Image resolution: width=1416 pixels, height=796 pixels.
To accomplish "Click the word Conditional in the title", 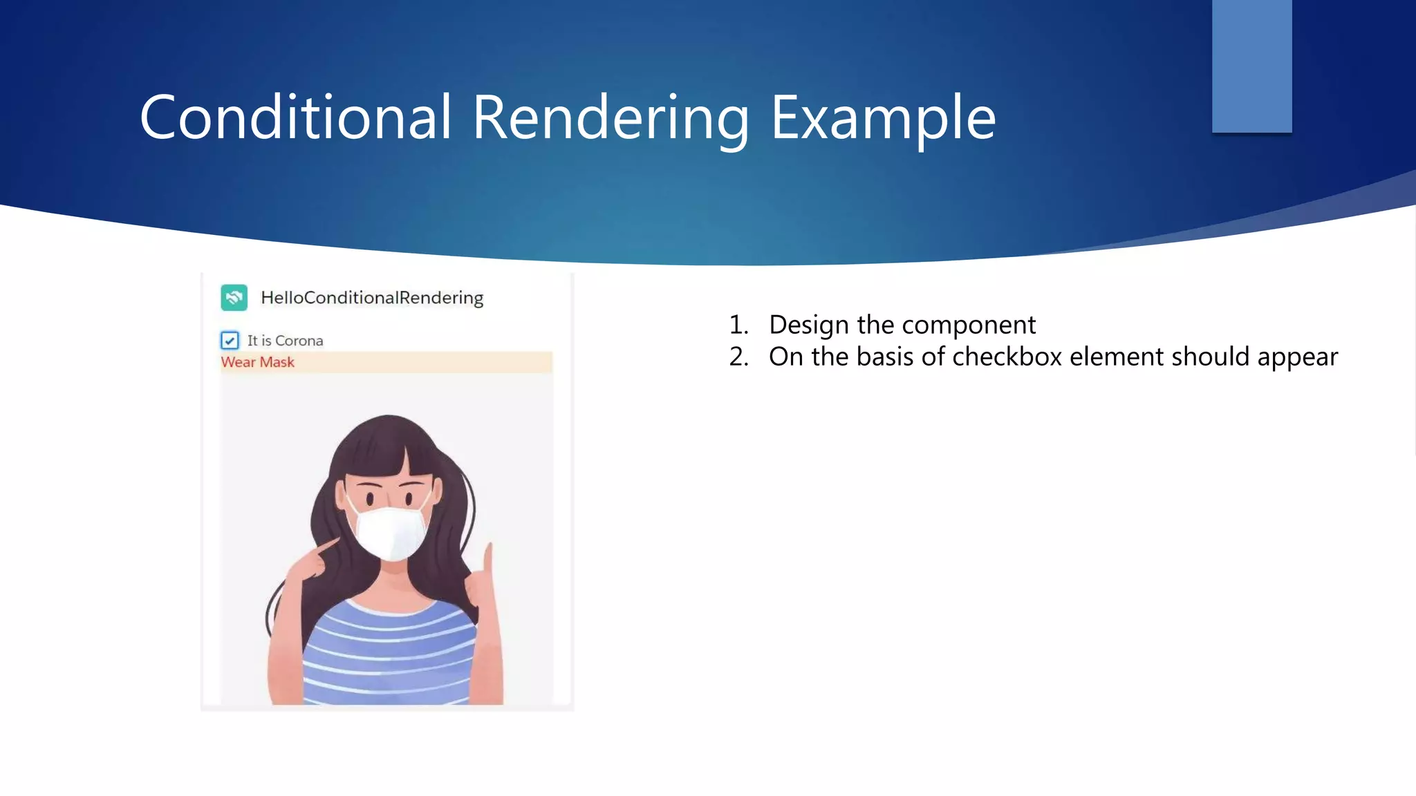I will point(296,117).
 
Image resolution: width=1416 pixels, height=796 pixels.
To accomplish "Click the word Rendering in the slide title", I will point(610,117).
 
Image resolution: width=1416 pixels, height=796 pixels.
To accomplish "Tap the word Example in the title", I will point(882,117).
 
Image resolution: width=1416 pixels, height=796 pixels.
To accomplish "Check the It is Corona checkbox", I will point(230,341).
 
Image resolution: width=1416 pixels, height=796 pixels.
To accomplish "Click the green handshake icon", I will point(234,298).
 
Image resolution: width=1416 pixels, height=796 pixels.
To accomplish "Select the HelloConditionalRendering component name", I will point(372,298).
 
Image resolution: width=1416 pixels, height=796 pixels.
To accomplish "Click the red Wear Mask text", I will point(257,362).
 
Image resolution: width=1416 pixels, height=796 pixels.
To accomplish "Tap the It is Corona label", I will point(285,341).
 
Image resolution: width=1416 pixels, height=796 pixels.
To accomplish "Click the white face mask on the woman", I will point(389,532).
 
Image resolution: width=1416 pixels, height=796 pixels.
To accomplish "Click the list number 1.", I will point(738,325).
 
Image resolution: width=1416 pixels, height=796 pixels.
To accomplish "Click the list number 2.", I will point(738,357).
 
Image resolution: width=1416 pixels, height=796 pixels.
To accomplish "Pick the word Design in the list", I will point(808,325).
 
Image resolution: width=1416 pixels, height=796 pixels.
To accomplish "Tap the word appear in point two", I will point(1297,357).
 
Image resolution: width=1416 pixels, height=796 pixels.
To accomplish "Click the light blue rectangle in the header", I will point(1251,66).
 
